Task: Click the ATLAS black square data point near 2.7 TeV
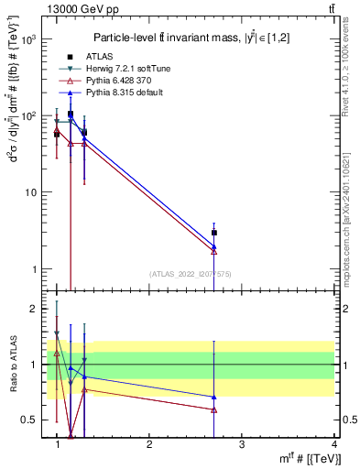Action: pos(213,233)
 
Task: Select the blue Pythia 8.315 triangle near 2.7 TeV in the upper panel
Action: pos(213,246)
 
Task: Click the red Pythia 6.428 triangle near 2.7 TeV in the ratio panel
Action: pos(213,409)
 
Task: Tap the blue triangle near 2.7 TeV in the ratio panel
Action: pos(213,397)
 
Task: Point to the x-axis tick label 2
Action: pos(149,443)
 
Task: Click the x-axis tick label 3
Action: pos(241,443)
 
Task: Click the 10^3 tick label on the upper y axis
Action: pos(28,40)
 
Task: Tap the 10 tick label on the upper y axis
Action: pos(31,193)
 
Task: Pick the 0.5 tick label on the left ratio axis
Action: pos(28,420)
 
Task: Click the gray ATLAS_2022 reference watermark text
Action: pos(191,274)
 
